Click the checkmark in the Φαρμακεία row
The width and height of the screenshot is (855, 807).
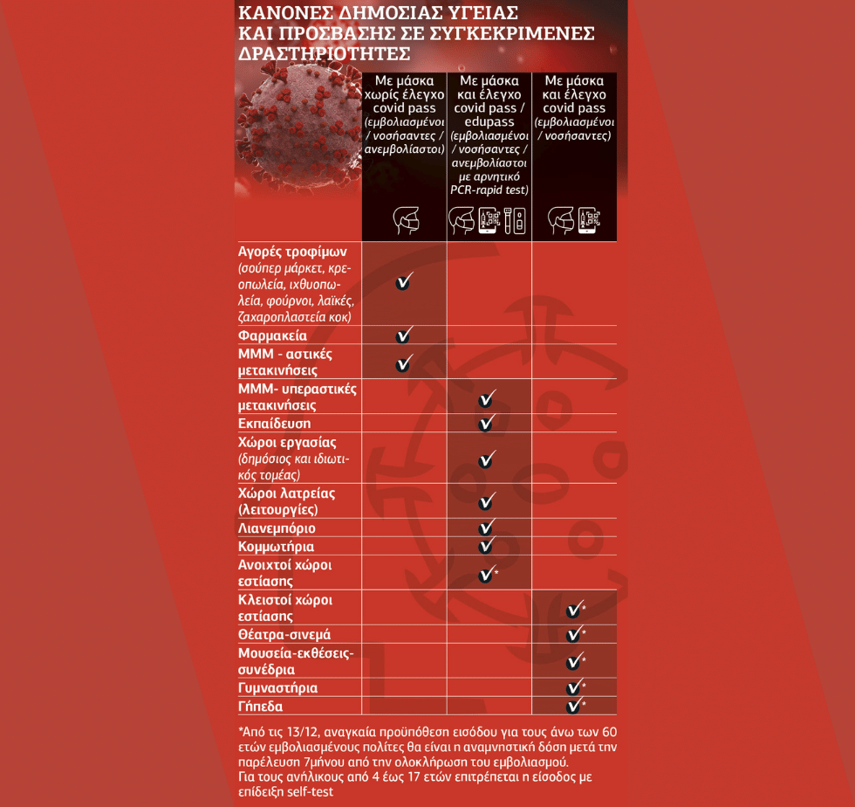404,335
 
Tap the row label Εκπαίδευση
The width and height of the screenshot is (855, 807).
274,424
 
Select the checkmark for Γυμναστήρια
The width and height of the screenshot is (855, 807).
575,687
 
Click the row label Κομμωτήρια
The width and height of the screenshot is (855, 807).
276,547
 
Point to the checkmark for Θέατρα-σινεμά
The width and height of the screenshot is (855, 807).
575,634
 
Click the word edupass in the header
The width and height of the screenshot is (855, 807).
489,121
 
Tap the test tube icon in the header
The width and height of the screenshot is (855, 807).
508,221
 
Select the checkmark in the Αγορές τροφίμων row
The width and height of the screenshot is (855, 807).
404,281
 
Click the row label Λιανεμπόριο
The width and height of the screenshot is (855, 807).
277,528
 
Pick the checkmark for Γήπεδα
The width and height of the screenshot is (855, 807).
575,706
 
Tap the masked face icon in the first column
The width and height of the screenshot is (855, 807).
407,221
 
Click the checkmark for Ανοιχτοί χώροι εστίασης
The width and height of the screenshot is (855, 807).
488,574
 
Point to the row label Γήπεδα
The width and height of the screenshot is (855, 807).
260,707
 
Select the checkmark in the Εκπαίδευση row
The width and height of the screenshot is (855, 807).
487,424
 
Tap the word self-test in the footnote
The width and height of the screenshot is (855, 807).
310,791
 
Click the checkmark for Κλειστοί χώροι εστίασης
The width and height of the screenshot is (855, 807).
575,608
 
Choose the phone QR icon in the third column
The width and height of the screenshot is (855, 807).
589,221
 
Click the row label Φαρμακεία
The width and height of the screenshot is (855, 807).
272,335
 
